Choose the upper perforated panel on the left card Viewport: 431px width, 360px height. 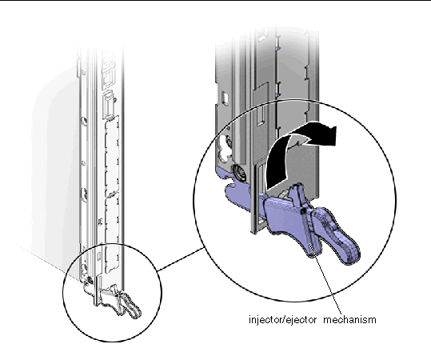point(118,160)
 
